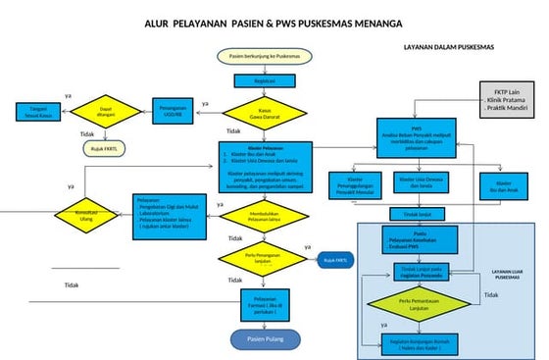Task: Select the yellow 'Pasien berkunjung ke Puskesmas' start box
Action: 264,58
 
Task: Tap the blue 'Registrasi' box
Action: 265,81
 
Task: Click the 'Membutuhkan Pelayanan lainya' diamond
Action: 265,219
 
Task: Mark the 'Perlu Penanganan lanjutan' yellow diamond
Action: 265,259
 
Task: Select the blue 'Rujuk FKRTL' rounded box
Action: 336,260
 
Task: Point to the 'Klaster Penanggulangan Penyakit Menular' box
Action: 355,183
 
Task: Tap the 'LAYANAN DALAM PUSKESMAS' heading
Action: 449,47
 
